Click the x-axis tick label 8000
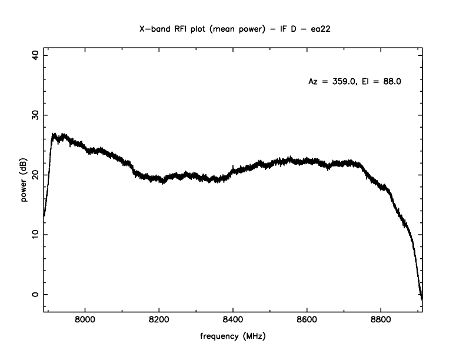(85, 320)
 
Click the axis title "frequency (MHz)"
(233, 338)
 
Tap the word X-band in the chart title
(155, 28)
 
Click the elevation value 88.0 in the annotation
(391, 82)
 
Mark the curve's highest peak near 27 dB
(55, 134)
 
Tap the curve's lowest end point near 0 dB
(422, 298)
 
